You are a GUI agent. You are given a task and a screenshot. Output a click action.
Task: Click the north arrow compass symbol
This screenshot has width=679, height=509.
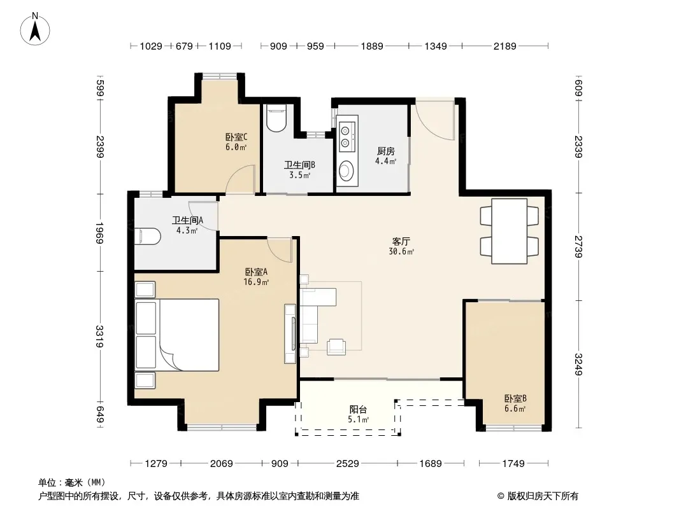[x=35, y=29]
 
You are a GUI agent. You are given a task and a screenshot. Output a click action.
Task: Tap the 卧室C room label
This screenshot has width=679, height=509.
[x=236, y=137]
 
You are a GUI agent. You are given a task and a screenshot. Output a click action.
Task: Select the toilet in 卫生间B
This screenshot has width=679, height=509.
[x=276, y=118]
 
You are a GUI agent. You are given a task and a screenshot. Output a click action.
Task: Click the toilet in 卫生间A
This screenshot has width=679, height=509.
[x=148, y=237]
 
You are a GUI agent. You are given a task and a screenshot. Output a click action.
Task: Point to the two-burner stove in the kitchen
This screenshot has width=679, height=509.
[x=347, y=136]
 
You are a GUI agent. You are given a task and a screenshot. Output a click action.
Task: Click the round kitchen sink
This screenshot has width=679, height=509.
[x=346, y=171]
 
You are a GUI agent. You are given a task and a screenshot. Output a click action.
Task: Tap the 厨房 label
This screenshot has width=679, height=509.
[x=385, y=151]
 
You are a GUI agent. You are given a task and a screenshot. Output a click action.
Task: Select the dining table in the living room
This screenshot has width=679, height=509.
[x=509, y=231]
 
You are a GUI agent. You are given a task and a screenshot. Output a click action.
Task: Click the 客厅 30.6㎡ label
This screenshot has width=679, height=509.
[x=401, y=246]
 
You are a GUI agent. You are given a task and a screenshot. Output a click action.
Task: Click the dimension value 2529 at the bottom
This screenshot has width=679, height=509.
[x=347, y=464]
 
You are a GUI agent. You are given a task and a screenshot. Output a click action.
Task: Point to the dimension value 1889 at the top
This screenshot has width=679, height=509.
[x=372, y=46]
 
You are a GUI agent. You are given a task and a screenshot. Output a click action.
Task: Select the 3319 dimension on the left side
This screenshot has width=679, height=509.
[x=99, y=337]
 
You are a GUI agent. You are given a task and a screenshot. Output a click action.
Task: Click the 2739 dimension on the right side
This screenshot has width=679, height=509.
[x=578, y=246]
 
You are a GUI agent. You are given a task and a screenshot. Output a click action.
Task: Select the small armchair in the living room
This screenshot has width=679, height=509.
[x=336, y=347]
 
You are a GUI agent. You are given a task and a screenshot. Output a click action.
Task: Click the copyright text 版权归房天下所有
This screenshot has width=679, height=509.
[x=543, y=496]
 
